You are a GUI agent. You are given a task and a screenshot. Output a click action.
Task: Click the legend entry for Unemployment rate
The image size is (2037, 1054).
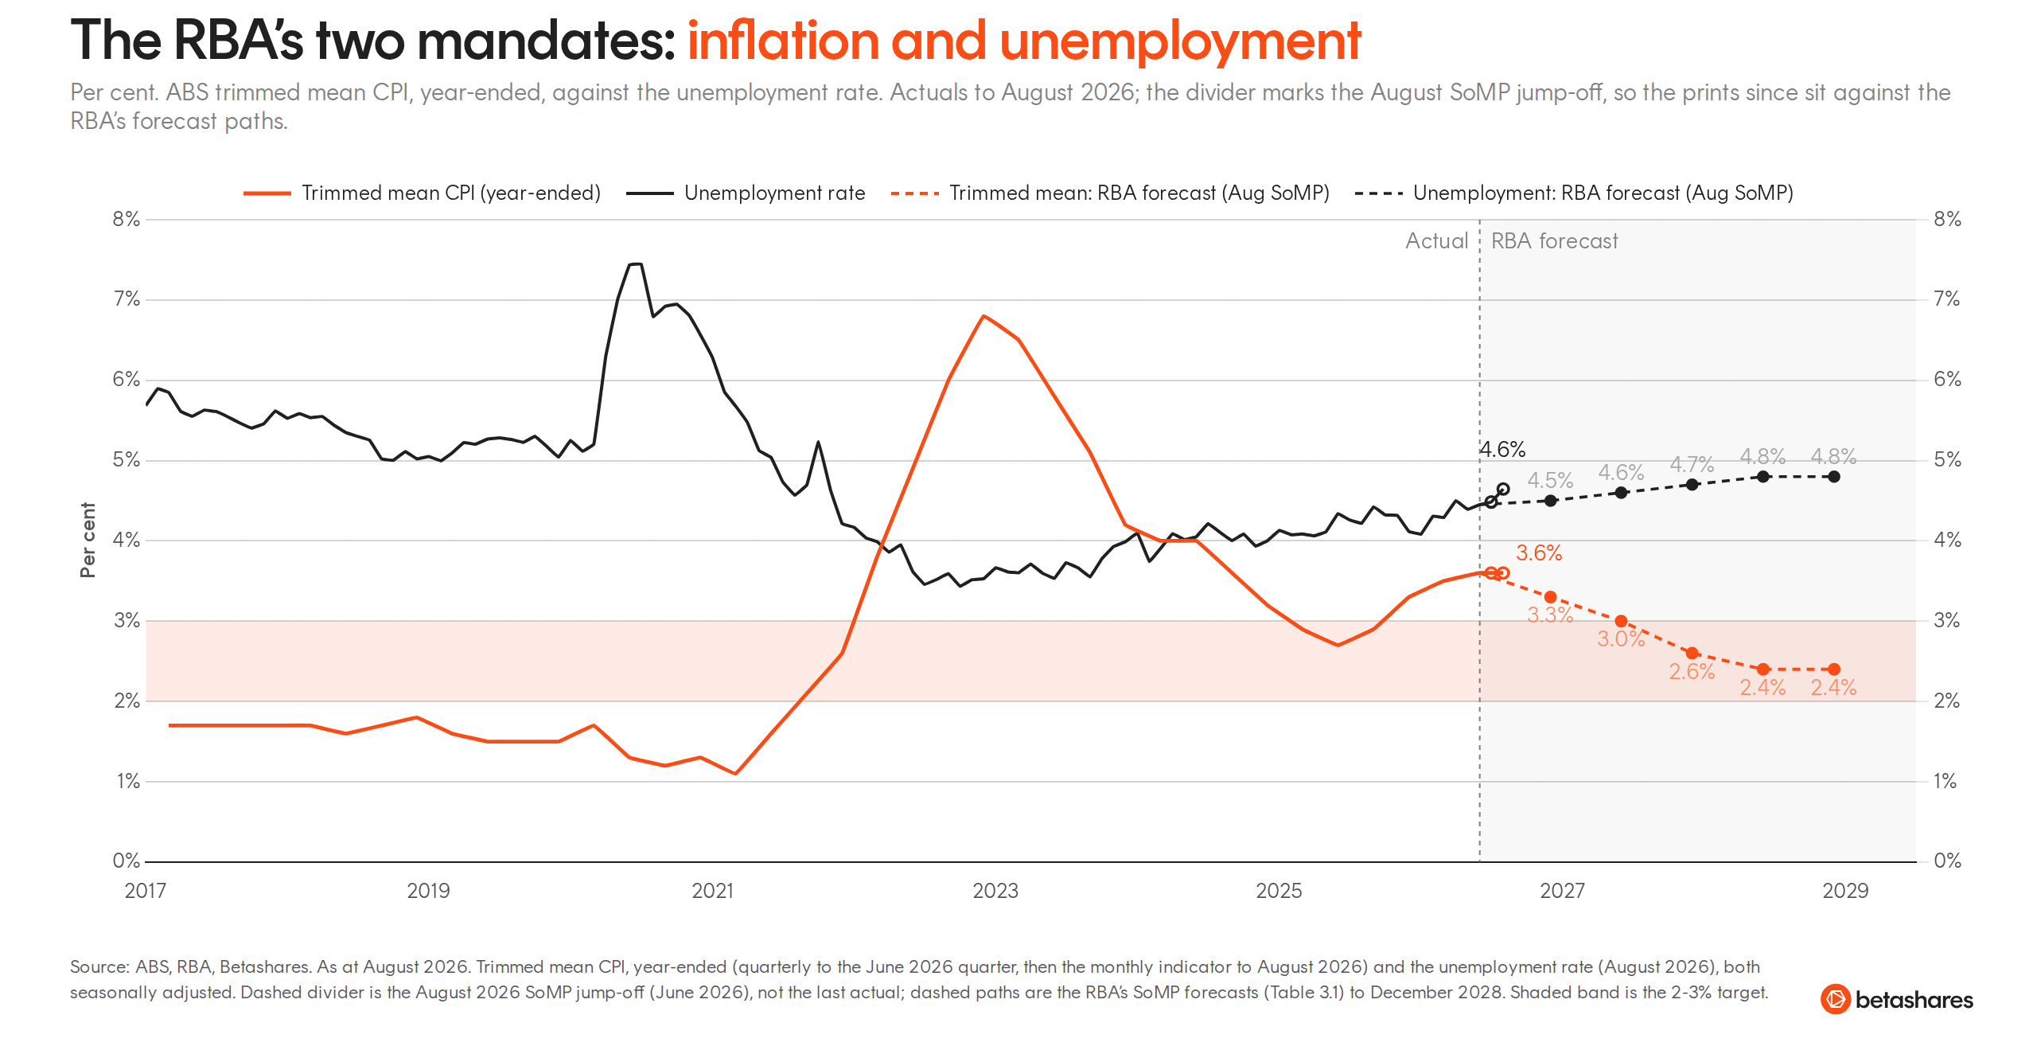(746, 193)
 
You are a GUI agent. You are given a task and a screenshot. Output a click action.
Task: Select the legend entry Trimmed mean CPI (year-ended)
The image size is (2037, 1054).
(422, 193)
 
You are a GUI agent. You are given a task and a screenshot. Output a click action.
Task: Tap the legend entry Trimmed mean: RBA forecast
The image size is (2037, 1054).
(1110, 193)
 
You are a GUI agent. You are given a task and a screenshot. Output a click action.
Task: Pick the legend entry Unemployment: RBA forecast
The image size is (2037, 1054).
(1574, 193)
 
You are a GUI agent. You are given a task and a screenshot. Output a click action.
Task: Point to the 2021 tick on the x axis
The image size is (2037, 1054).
(712, 891)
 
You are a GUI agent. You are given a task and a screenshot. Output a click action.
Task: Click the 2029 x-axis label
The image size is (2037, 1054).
(1845, 891)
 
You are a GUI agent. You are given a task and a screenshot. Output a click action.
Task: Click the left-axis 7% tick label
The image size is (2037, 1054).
(127, 299)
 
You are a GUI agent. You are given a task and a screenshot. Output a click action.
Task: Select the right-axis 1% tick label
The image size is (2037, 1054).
(1945, 781)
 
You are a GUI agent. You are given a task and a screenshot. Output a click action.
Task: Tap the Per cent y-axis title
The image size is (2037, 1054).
(88, 540)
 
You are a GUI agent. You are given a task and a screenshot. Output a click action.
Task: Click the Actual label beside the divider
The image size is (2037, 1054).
(1436, 241)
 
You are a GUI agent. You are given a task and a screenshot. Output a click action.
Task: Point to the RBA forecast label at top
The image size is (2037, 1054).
(1554, 241)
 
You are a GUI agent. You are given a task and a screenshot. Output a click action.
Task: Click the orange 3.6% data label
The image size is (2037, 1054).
(1539, 553)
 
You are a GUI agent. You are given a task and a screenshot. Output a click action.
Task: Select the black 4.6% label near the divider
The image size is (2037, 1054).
(1502, 450)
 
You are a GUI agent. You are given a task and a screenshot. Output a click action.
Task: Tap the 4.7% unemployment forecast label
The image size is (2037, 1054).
(1692, 464)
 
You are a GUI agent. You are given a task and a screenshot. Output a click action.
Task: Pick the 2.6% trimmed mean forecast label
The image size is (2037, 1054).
(1692, 672)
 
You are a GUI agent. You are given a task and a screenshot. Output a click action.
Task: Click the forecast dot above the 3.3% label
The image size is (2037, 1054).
(1550, 597)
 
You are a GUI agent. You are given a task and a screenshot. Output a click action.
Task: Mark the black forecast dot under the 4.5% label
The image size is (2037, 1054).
(1550, 501)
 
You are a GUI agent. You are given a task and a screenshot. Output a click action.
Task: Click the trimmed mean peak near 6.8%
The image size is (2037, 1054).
(984, 316)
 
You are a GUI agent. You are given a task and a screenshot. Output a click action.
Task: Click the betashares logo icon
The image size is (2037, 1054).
(1836, 999)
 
